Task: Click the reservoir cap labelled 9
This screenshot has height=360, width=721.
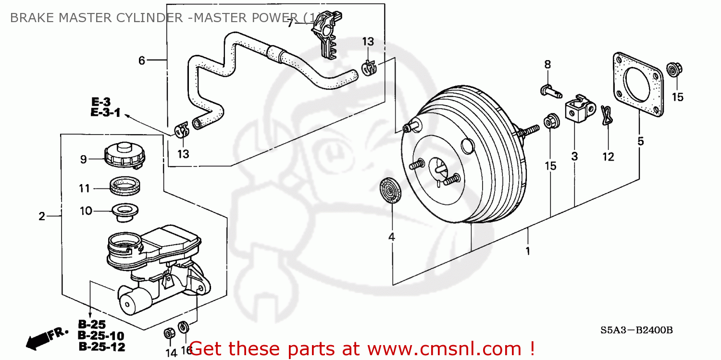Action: tap(124, 155)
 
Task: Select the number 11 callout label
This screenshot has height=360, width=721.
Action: tap(85, 189)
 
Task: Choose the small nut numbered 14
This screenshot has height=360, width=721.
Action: tap(169, 333)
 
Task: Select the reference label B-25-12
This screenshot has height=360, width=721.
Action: tap(101, 347)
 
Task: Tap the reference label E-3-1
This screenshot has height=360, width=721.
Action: tap(105, 114)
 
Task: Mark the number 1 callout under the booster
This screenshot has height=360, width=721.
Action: tap(527, 251)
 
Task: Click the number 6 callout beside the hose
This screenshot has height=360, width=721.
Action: tap(141, 61)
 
